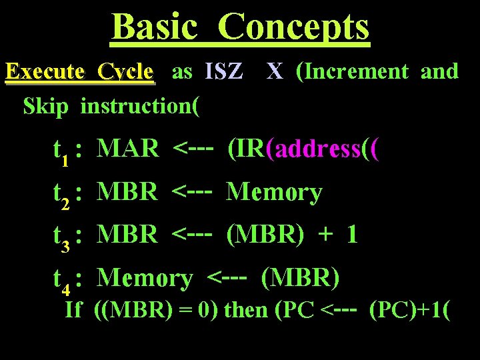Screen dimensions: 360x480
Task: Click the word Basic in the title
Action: coord(155,27)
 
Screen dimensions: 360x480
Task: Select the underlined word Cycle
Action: coord(125,72)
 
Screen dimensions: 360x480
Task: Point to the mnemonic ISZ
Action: coord(224,71)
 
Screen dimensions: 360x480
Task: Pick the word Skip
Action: coord(45,105)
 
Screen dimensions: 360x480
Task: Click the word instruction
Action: coord(136,105)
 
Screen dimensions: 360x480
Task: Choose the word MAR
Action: coord(127,149)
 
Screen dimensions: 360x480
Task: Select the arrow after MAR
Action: coord(192,149)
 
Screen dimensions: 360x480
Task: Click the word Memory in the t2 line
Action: coord(274,193)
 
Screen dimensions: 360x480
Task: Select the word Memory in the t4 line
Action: coord(145,278)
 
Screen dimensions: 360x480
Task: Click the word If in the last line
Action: coord(73,310)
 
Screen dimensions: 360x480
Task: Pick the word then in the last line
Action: coord(247,310)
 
